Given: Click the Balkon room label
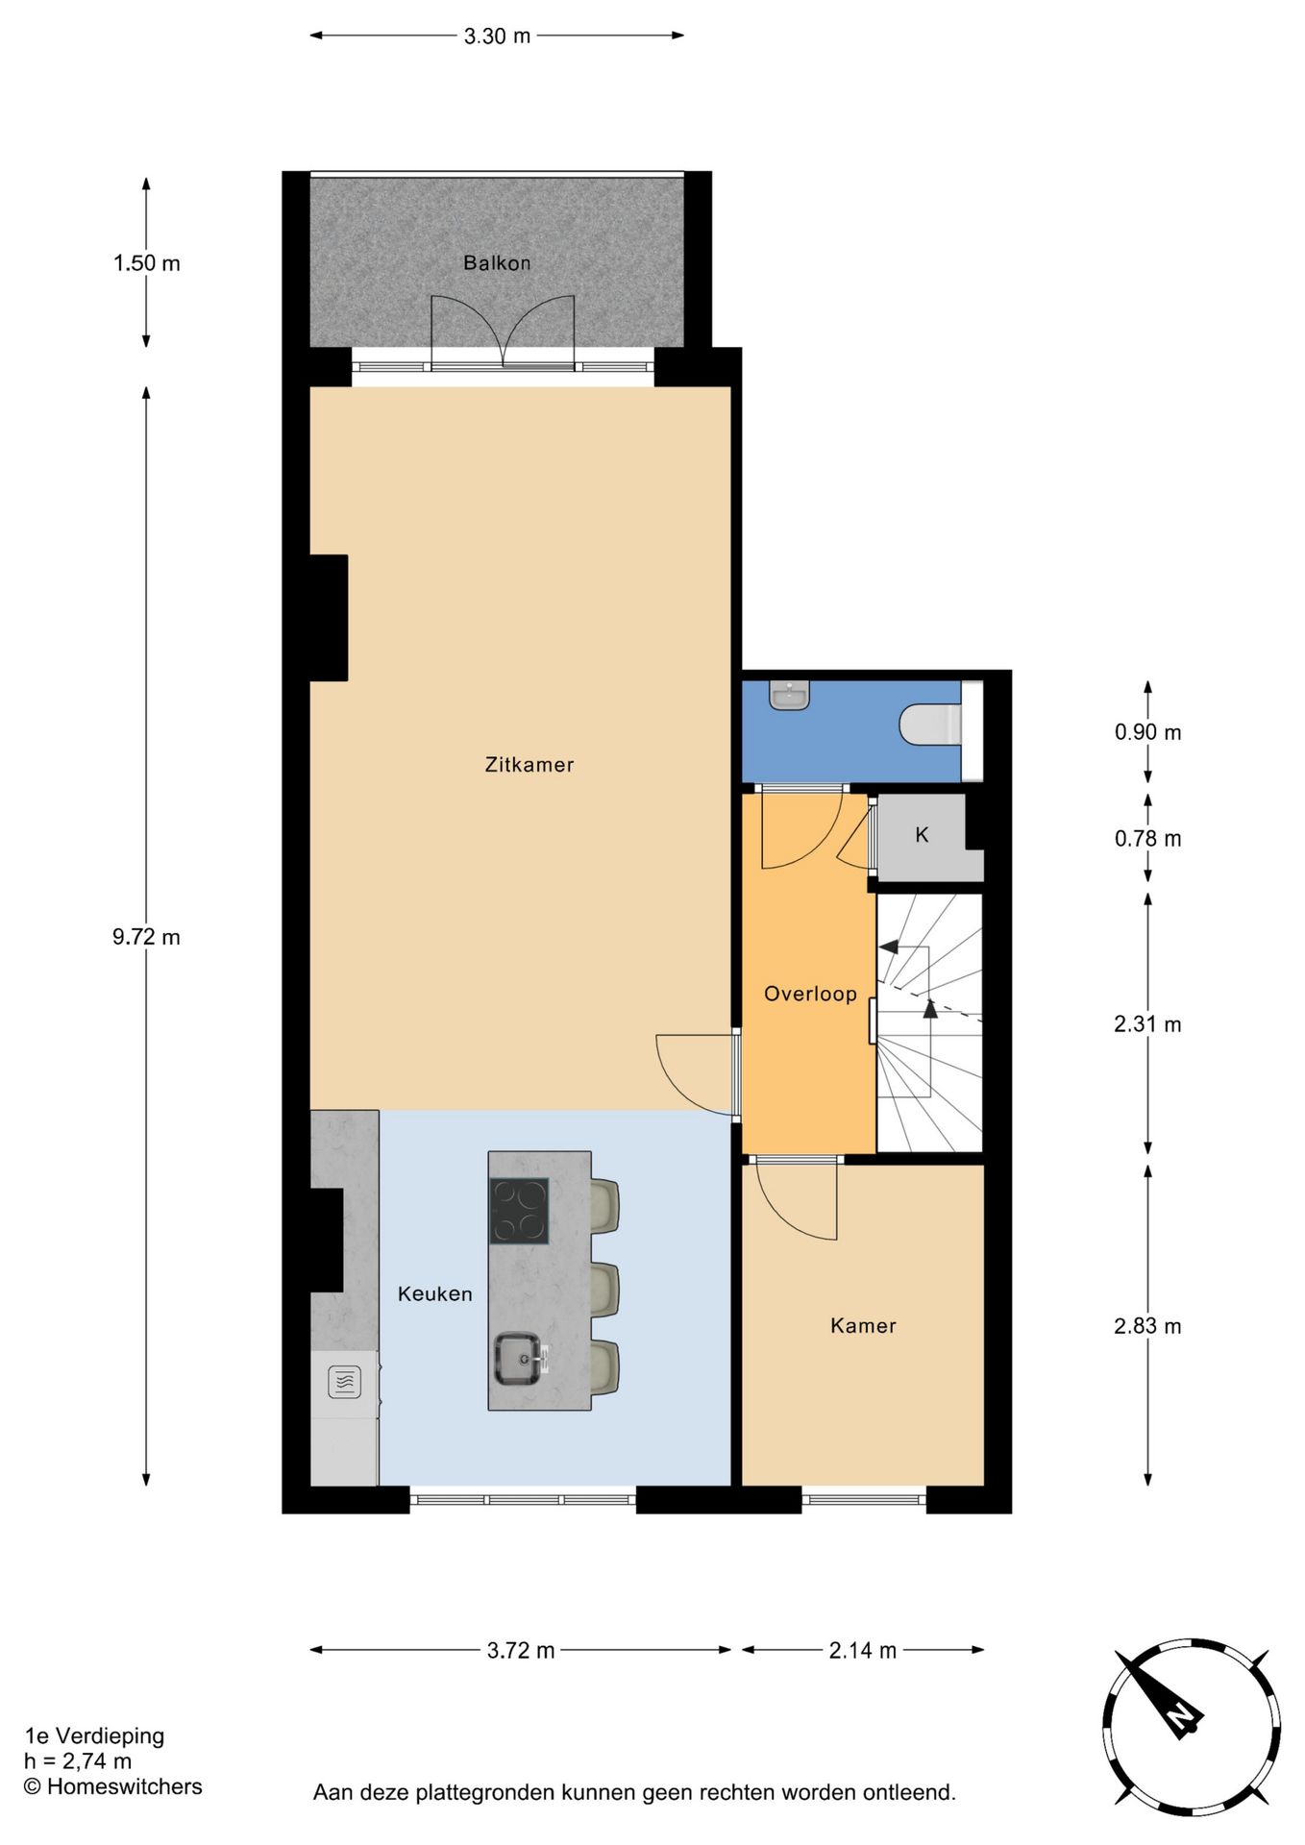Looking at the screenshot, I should pos(497,262).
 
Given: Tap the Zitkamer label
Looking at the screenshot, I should pos(529,765).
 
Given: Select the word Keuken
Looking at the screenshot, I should pos(435,1294).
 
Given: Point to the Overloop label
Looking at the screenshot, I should pos(810,994).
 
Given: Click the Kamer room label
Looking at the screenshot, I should pos(863,1326).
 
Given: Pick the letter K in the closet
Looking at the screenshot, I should pos(922,835).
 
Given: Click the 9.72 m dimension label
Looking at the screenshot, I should pos(146,937).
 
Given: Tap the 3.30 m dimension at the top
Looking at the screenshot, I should pos(497,37).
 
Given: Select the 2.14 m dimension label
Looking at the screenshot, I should pos(862,1651).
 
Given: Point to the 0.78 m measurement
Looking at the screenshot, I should pos(1147,839).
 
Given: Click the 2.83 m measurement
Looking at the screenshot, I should pos(1147,1326).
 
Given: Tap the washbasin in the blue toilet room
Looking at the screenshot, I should pos(790,695).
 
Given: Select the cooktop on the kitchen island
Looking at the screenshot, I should pos(519,1211).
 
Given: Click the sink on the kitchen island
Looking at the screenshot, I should pos(518,1359).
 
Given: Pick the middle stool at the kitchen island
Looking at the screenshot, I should pos(603,1290).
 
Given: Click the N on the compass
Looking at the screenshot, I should pos(1182,1717).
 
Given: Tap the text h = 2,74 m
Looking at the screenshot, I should pos(78,1761).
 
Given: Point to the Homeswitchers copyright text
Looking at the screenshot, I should pos(113,1786).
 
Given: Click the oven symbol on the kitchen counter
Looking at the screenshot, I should pos(344,1382).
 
